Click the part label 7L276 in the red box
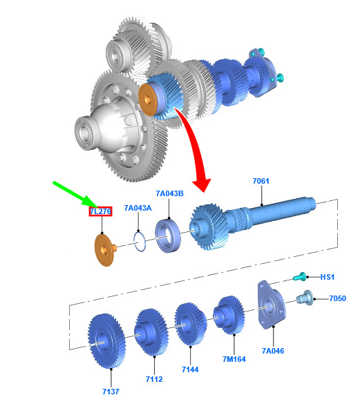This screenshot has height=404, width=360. [101, 211]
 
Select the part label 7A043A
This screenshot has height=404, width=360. [138, 208]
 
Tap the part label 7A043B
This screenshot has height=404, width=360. [169, 193]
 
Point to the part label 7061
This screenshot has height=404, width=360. [261, 181]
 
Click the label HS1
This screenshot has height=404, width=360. [328, 277]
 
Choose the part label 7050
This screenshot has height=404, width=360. [338, 298]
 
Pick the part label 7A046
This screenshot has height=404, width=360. [273, 351]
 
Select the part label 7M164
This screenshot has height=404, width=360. [234, 359]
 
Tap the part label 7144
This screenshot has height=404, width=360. [190, 369]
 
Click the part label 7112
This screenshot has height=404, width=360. [154, 379]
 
